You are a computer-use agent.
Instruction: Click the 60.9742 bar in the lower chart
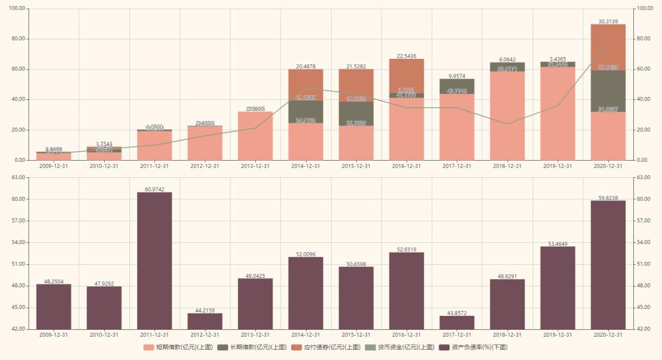[x=154, y=261]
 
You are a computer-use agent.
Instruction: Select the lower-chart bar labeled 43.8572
[x=457, y=323]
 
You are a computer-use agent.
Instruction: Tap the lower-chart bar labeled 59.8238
[x=608, y=264]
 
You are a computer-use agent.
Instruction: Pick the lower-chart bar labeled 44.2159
[x=205, y=321]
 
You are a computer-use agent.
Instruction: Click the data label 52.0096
[x=305, y=254]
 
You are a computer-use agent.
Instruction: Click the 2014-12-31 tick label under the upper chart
[x=305, y=166]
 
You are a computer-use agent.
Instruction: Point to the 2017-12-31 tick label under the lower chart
[x=457, y=335]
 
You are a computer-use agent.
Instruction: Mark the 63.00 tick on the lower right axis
[x=644, y=177]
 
